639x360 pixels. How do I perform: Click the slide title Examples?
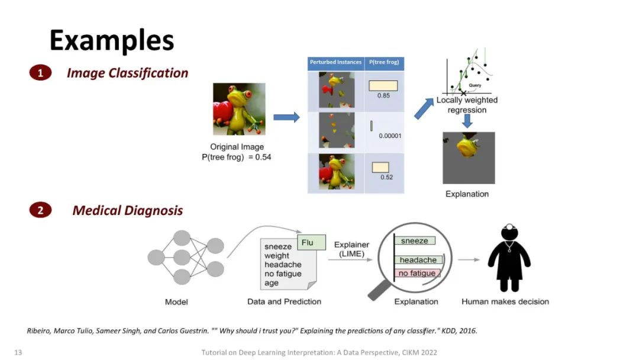(112, 40)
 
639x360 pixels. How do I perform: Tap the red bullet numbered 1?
(40, 73)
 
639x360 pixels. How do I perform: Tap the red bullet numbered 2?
(40, 210)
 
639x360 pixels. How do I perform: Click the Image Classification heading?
(127, 73)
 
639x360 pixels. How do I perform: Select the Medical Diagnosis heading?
(127, 210)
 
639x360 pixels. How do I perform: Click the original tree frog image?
(239, 109)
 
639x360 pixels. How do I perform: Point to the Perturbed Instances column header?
(335, 62)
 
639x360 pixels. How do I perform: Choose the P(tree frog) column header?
(384, 62)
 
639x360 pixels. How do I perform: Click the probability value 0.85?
(383, 95)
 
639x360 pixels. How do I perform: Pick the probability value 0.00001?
(390, 136)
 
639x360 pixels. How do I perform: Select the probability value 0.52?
(386, 177)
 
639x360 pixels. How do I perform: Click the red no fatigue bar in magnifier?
(417, 273)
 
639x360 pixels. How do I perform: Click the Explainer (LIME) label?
(351, 249)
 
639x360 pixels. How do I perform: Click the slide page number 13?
(18, 352)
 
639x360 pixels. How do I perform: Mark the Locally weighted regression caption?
(467, 105)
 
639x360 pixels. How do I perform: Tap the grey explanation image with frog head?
(469, 157)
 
